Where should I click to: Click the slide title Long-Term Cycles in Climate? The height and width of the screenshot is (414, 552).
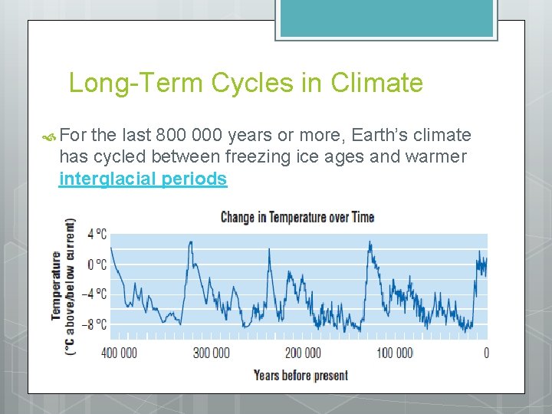click(245, 82)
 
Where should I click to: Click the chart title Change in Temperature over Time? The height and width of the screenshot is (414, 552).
click(297, 217)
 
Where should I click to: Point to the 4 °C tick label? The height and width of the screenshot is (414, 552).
click(97, 235)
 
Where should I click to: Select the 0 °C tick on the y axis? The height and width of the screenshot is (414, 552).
click(97, 264)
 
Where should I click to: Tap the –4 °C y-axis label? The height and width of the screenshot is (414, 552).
click(95, 294)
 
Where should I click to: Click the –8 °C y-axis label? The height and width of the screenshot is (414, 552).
click(95, 324)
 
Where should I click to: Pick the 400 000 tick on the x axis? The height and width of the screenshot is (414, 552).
click(119, 353)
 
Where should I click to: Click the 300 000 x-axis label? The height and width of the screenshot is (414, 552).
click(211, 353)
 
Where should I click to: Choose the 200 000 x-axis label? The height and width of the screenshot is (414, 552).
click(303, 353)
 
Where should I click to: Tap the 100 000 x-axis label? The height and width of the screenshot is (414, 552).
click(394, 353)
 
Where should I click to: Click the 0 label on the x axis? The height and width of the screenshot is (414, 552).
click(486, 353)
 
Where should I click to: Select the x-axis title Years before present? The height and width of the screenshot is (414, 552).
click(301, 375)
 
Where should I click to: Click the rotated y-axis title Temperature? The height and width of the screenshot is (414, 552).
click(57, 285)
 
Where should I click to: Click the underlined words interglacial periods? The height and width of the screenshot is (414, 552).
click(143, 179)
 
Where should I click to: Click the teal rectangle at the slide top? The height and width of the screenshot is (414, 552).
click(386, 18)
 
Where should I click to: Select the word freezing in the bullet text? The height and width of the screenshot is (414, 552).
click(251, 157)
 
